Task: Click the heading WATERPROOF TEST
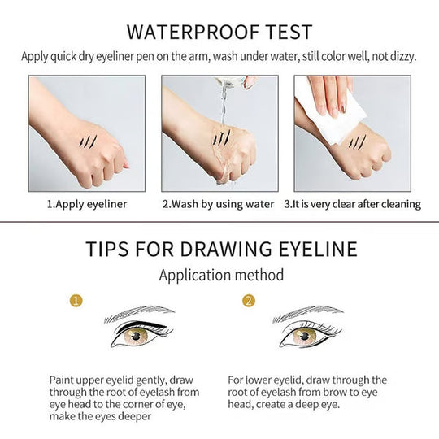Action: tap(219, 32)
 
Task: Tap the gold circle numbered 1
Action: tap(76, 302)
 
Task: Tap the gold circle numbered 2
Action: tap(249, 302)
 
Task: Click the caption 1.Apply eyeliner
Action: tap(87, 204)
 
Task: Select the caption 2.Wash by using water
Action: tap(219, 204)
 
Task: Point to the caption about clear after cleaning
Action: tap(352, 204)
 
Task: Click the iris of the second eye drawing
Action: tap(305, 336)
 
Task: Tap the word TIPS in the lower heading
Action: tap(109, 249)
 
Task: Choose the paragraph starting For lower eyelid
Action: tap(307, 392)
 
